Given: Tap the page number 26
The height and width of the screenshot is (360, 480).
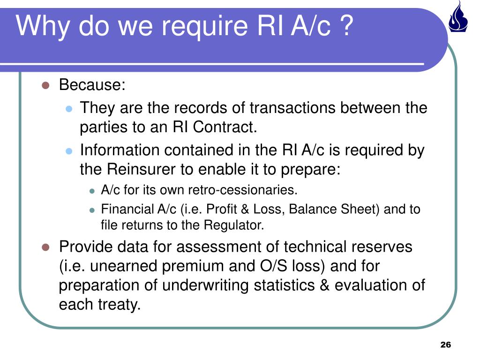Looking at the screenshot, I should (445, 345).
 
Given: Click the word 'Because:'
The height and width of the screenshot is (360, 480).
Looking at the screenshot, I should (92, 85).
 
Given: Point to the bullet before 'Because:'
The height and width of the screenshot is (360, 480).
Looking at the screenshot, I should (45, 85).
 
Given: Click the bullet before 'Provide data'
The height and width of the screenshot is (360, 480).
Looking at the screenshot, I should (45, 247).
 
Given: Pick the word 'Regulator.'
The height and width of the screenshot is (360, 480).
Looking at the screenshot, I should (234, 225).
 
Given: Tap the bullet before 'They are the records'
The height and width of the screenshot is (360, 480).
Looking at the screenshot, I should (68, 109).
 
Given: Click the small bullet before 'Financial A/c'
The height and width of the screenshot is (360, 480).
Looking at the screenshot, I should (92, 210).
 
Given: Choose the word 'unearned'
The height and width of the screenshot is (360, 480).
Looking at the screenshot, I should (124, 266).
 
